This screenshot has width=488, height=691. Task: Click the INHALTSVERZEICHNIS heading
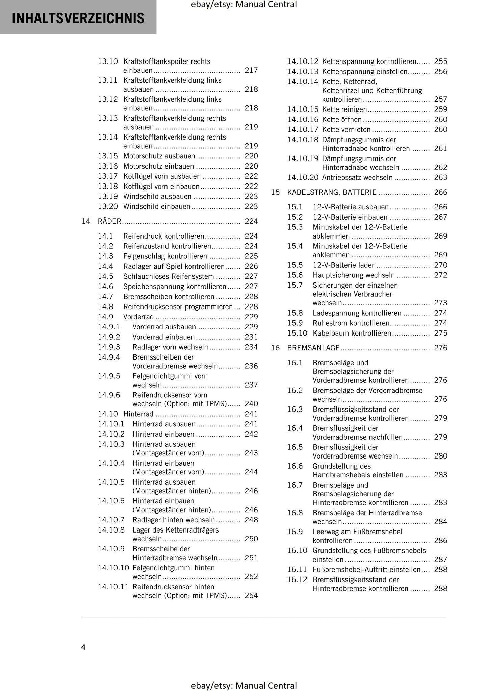(78, 18)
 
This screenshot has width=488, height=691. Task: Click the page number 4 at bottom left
(83, 647)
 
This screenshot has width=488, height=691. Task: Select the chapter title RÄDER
(109, 221)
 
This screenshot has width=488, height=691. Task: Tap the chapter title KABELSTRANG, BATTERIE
(332, 192)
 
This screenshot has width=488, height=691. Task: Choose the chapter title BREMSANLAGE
(313, 348)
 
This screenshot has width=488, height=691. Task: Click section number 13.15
(108, 156)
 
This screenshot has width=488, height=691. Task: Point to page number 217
(251, 70)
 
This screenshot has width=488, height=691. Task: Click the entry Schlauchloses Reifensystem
(169, 276)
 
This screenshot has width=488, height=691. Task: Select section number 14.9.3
(109, 347)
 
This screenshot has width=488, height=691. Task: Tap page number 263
(440, 178)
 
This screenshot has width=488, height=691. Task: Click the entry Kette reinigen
(344, 109)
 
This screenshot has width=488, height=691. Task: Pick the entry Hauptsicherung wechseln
(353, 275)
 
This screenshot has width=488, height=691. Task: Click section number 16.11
(297, 570)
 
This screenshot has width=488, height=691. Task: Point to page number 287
(440, 560)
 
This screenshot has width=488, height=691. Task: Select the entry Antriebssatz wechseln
(357, 178)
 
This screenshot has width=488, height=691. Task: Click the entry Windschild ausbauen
(157, 197)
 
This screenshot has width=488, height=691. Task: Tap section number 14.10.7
(111, 520)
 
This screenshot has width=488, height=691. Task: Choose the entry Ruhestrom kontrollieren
(351, 323)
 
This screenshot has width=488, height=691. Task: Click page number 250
(251, 539)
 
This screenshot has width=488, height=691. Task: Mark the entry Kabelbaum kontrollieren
(352, 333)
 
